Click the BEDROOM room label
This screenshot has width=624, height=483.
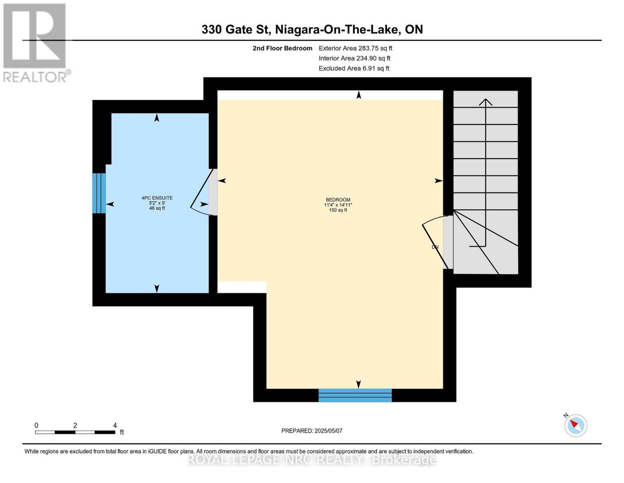[338, 200]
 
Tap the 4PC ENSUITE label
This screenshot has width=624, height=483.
[157, 198]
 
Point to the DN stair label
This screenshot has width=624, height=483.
[435, 247]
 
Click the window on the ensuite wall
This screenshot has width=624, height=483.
[99, 193]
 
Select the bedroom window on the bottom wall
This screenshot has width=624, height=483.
[355, 395]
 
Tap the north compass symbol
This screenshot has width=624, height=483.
[575, 425]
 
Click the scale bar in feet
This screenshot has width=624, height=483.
[75, 432]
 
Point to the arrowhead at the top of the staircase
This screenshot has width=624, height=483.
[486, 101]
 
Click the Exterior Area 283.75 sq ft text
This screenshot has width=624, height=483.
[355, 48]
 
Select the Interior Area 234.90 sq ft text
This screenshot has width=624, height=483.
[354, 58]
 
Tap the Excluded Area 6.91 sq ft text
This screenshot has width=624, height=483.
[354, 68]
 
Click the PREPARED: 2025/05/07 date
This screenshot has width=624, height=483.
[312, 431]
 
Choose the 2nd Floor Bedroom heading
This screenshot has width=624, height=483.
[282, 48]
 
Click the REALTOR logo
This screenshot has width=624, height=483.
[35, 42]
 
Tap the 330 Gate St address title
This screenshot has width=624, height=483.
[312, 29]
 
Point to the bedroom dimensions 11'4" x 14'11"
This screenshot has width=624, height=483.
[338, 205]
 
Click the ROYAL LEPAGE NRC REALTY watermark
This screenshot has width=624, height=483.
[312, 460]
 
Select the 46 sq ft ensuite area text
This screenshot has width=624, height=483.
[157, 208]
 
